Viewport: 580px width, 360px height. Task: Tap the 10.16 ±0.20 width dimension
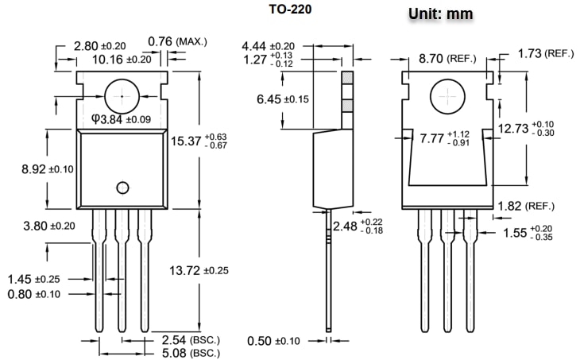point(121,59)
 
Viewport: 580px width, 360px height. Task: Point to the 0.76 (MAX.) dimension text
point(176,41)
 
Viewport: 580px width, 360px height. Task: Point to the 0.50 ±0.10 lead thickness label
point(274,341)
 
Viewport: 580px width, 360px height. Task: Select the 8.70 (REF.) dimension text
point(447,58)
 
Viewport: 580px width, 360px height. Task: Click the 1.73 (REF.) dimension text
point(545,53)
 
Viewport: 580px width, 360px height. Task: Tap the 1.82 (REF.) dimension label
point(525,206)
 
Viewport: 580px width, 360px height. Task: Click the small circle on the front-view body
point(122,188)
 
